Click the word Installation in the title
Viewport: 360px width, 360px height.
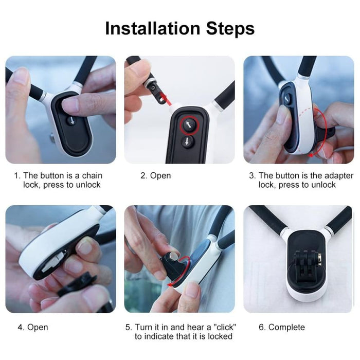[x=149, y=28]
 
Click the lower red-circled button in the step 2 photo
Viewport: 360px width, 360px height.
[x=188, y=142]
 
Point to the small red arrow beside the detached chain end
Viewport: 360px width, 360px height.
[x=164, y=98]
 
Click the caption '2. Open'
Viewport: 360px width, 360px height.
[x=155, y=175]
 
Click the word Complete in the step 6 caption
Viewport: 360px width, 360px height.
[x=286, y=327]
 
